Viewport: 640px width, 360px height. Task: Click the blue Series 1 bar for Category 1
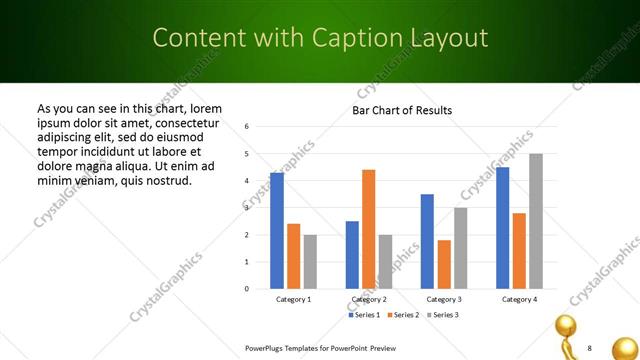point(277,231)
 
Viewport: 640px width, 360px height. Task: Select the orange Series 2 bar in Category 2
point(368,229)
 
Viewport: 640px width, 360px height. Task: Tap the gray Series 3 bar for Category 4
point(536,221)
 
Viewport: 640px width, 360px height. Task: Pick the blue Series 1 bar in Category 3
point(427,241)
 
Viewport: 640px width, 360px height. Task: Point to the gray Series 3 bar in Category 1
point(310,262)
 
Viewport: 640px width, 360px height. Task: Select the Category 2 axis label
point(368,300)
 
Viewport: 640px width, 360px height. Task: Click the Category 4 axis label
point(519,300)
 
